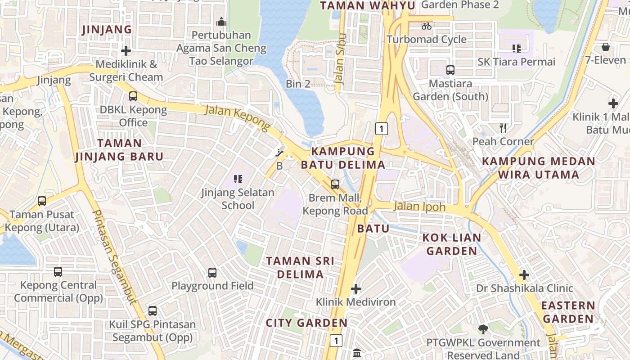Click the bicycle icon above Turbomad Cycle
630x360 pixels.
427,26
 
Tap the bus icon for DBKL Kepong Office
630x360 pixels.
133,96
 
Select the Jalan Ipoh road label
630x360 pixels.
419,207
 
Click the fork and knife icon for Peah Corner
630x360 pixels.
503,128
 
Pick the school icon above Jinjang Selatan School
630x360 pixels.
238,179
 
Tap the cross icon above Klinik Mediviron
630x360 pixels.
356,288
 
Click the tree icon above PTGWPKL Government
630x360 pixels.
483,329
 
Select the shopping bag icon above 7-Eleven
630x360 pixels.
606,47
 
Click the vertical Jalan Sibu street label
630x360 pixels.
340,59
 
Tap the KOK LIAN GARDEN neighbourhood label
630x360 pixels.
452,244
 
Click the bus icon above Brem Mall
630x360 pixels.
335,184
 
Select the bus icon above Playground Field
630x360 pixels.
212,272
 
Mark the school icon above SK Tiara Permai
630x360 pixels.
516,49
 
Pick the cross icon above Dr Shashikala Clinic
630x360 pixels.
524,275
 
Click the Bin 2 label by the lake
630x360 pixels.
298,84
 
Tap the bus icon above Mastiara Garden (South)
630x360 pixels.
450,70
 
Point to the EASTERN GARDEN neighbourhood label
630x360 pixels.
568,312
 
